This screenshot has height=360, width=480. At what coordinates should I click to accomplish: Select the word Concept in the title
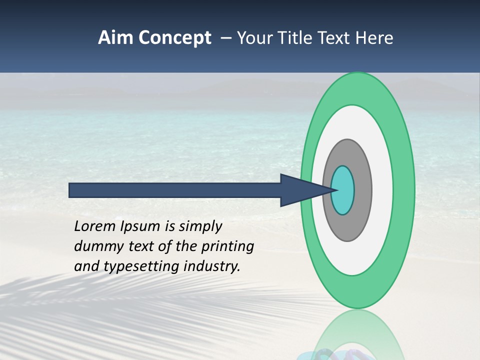coord(174,38)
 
